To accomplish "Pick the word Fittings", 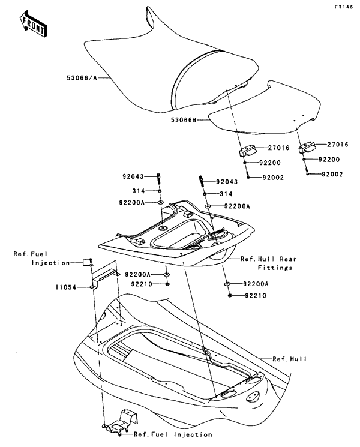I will [x=275, y=268].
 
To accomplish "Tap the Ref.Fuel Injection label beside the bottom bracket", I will [x=172, y=434].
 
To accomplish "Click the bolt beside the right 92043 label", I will [x=200, y=179].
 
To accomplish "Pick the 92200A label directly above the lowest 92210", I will [x=257, y=284].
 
